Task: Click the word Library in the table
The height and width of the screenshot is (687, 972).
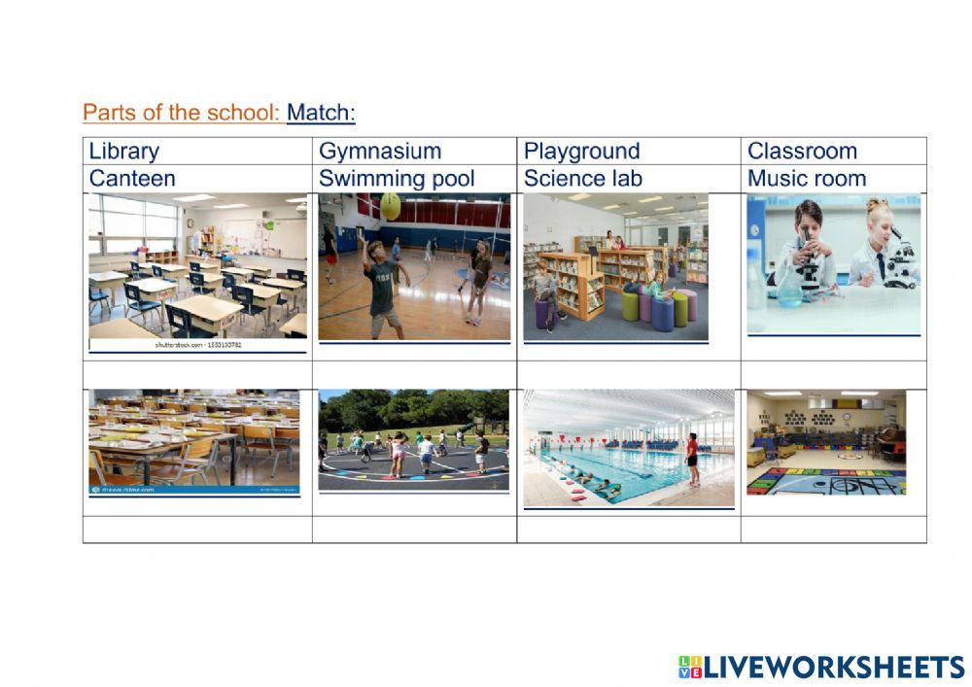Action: pos(123,152)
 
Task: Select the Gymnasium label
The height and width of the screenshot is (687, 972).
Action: pos(379,152)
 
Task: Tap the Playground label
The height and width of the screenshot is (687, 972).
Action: pos(581,152)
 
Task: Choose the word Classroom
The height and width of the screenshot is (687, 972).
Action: pos(802,152)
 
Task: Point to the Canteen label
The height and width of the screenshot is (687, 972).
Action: pos(132,179)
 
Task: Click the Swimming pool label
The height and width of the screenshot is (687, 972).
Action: pos(397,179)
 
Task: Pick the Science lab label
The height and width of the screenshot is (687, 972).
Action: pos(582,179)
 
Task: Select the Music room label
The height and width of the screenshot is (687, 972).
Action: pos(806,179)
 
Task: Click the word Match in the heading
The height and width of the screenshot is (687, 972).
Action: pos(320,113)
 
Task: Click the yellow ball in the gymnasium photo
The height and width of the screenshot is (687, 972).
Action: pos(390,204)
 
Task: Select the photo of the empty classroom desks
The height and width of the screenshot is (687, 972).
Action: pos(197,267)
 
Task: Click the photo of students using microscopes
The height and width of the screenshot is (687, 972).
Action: pos(833,262)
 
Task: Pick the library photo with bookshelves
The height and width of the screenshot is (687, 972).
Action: pos(615,266)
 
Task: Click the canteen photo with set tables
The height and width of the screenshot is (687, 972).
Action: pos(194,439)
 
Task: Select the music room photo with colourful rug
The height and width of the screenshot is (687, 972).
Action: pos(825,442)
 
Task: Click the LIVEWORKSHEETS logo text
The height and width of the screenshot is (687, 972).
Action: pos(833,667)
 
